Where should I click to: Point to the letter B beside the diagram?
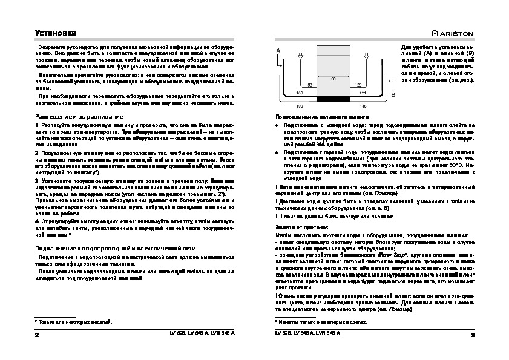[393, 95]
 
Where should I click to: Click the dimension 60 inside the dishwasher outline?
[333, 79]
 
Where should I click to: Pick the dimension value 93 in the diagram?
[310, 85]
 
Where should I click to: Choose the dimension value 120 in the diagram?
[358, 85]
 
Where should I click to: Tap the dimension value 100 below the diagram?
[298, 106]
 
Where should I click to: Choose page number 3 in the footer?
[471, 333]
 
